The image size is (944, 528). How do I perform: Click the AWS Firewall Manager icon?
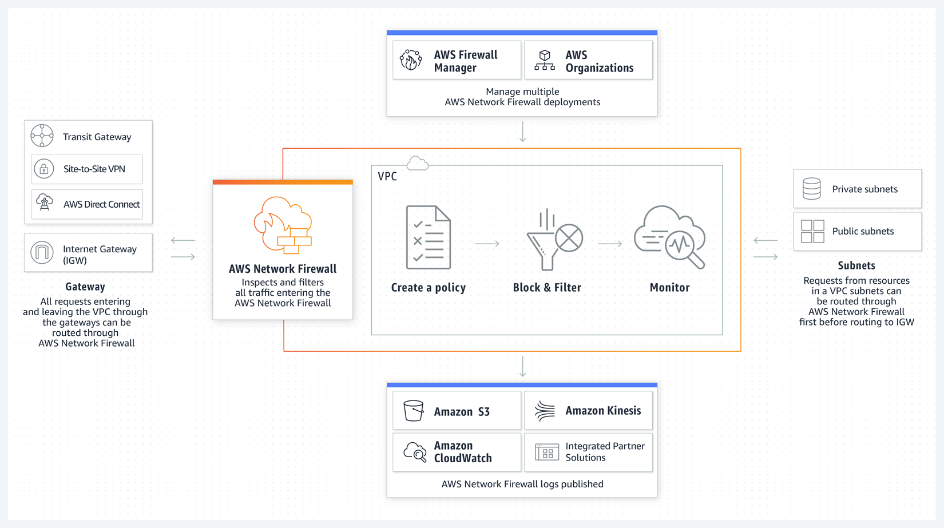[411, 60]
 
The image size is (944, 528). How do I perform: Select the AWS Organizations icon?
[545, 60]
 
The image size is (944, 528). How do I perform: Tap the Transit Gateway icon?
[42, 136]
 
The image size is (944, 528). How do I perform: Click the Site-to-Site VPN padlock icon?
[44, 169]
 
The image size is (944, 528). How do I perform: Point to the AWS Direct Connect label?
[101, 204]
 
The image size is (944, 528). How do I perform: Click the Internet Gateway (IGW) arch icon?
[42, 252]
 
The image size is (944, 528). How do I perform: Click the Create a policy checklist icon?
[429, 237]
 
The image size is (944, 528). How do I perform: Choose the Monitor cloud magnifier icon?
[670, 237]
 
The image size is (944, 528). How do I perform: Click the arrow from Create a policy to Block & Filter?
[487, 244]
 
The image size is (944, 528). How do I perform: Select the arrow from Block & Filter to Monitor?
[610, 244]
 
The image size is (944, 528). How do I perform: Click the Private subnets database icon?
[811, 189]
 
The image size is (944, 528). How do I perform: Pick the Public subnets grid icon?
[812, 232]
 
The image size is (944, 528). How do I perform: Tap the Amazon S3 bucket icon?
[413, 411]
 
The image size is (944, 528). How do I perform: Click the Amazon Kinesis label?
[603, 411]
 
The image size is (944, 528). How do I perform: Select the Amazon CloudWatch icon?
[415, 452]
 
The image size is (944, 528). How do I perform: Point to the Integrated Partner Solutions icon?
[547, 452]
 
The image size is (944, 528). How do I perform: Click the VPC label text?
[387, 177]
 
